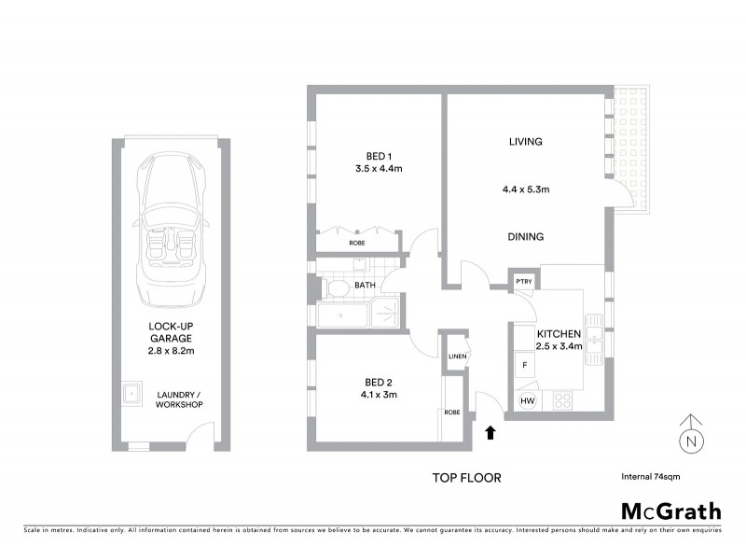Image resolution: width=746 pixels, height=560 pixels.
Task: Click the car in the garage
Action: [x=168, y=233]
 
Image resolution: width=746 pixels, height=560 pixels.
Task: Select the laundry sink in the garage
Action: [x=132, y=393]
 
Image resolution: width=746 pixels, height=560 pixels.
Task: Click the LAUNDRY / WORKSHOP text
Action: [x=179, y=398]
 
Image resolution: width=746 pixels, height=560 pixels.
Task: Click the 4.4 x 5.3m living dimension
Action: [x=525, y=189]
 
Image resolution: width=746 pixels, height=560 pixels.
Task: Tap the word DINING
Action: [x=525, y=237]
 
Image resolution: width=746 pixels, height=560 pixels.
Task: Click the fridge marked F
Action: [x=524, y=364]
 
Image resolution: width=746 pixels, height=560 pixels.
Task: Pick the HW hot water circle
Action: [x=527, y=401]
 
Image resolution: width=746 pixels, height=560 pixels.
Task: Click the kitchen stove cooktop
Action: [x=563, y=401]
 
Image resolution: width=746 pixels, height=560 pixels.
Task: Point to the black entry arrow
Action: [x=491, y=431]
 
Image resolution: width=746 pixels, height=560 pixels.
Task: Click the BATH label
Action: [x=365, y=285]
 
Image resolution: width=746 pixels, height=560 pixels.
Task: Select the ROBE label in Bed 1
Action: [x=357, y=243]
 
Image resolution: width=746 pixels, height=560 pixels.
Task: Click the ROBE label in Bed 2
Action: [x=451, y=412]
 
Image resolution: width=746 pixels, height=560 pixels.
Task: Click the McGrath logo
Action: [x=670, y=511]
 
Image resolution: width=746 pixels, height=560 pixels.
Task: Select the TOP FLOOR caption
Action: [x=465, y=478]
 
